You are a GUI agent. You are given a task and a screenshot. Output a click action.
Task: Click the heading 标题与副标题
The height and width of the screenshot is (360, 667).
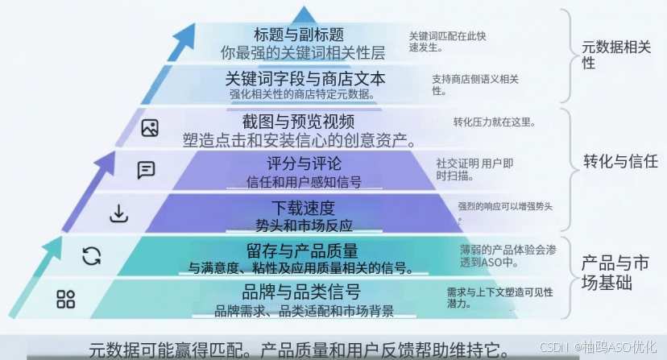[x=299, y=35]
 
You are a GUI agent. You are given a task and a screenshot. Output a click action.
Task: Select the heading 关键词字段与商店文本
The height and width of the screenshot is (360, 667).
[x=305, y=79]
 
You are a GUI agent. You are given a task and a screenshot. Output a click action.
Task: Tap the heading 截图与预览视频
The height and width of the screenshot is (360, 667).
[x=298, y=122]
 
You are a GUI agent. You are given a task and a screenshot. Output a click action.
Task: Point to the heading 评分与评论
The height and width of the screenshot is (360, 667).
[x=304, y=163]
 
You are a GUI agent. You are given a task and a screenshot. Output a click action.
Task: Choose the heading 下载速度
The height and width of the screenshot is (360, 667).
[x=304, y=208]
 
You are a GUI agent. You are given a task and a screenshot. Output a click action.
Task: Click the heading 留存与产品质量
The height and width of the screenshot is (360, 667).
[x=302, y=251]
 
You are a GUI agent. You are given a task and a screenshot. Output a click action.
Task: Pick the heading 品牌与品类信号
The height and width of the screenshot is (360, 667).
[x=301, y=292]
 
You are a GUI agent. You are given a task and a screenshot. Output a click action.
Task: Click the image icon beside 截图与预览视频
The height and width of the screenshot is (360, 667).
[x=150, y=128]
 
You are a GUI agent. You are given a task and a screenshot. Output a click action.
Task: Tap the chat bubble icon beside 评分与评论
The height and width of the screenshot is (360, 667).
[x=146, y=170]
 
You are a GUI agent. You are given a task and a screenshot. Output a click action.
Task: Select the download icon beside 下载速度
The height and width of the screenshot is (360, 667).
[x=118, y=213]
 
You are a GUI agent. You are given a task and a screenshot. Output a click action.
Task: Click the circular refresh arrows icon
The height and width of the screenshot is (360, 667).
[x=92, y=256]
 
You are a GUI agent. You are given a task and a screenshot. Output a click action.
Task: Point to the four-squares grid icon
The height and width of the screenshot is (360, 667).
[x=65, y=299]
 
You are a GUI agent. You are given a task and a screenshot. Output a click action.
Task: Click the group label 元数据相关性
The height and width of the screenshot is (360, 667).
[x=616, y=55]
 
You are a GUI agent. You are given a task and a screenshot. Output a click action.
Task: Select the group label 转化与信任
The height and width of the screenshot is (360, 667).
[x=620, y=161]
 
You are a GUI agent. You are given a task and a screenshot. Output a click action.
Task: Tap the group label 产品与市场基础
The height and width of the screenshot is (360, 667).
[x=615, y=273]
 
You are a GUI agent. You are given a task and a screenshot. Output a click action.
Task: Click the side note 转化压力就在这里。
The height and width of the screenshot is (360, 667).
[x=495, y=122]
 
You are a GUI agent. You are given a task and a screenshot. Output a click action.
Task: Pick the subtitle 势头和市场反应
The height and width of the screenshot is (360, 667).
[x=304, y=226]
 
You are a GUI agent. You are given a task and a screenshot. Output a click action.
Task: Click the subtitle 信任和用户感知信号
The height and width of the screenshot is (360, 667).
[x=304, y=182]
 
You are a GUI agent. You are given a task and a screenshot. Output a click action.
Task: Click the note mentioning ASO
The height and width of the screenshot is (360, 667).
[x=508, y=256]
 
